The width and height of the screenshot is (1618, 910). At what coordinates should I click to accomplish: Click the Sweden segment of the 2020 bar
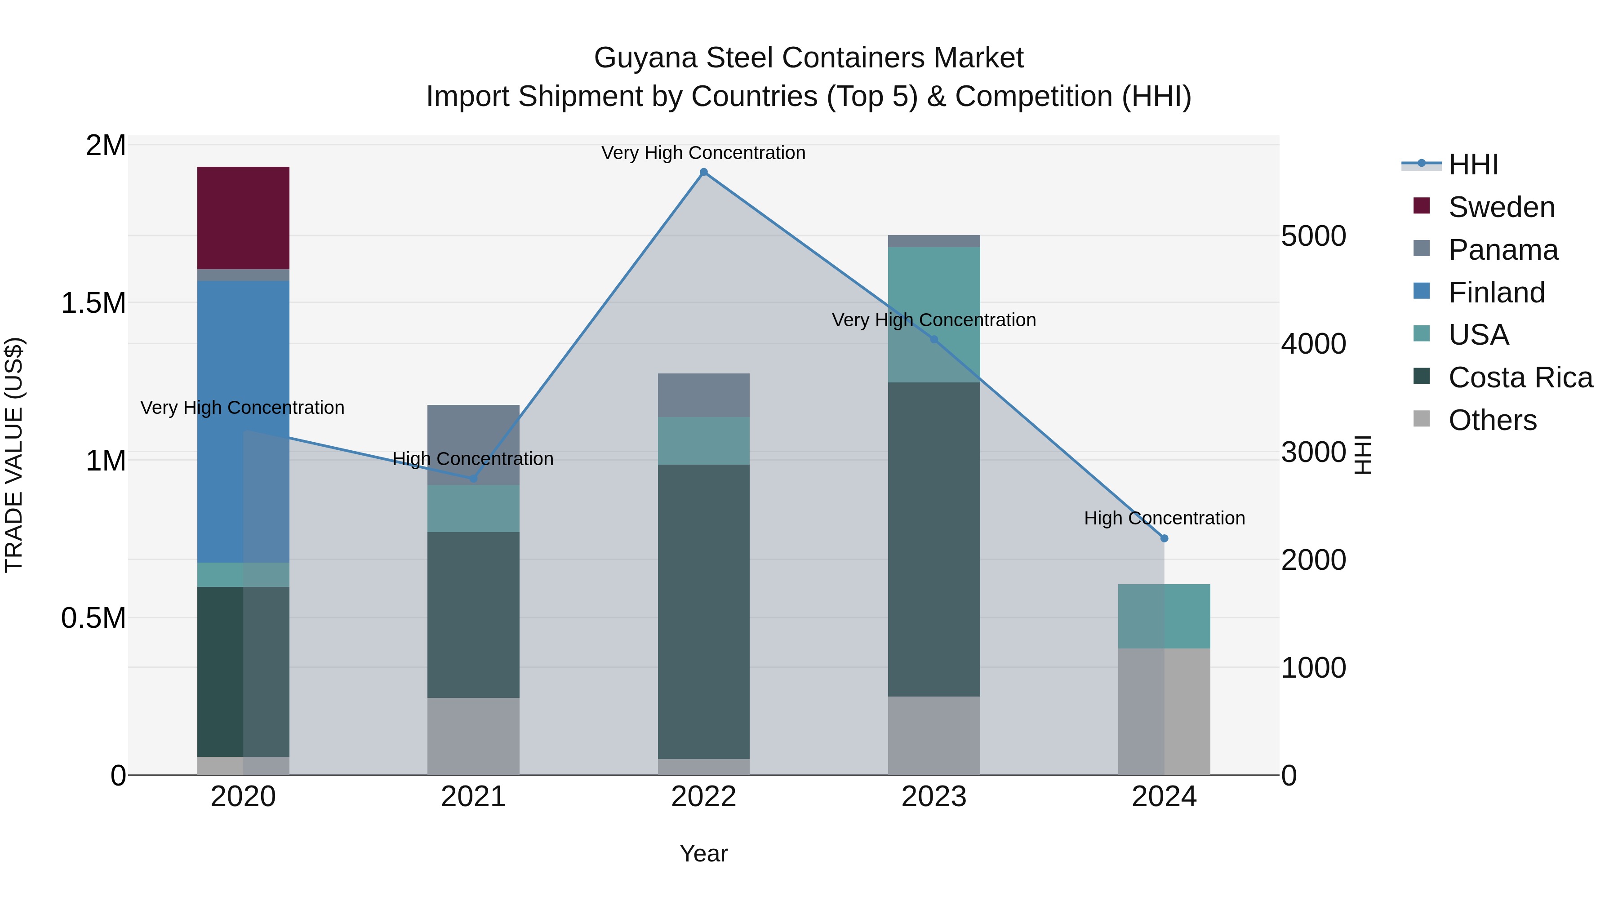pos(243,218)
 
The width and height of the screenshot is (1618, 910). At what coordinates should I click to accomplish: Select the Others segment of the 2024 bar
pos(1164,711)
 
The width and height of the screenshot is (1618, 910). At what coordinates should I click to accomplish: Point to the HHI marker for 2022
pos(703,172)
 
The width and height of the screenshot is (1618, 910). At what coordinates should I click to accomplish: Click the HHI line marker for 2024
pos(1164,538)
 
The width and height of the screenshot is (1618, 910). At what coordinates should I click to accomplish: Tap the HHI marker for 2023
pos(933,340)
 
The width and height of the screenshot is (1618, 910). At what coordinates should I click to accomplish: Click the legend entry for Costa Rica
pos(1520,377)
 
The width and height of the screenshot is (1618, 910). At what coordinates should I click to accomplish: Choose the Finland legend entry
pos(1496,293)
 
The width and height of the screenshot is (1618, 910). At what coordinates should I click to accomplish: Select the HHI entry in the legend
pos(1473,164)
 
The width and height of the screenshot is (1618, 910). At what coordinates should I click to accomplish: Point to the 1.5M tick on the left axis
pos(93,303)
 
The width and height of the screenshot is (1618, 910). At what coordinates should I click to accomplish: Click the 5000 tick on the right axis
pos(1313,236)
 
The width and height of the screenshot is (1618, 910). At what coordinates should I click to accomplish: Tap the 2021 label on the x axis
pos(473,797)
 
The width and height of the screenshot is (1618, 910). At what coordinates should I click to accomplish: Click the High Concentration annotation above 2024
pos(1164,518)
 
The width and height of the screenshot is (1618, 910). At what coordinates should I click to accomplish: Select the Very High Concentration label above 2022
pos(703,153)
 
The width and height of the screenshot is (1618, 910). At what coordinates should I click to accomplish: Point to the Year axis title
pos(703,853)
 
